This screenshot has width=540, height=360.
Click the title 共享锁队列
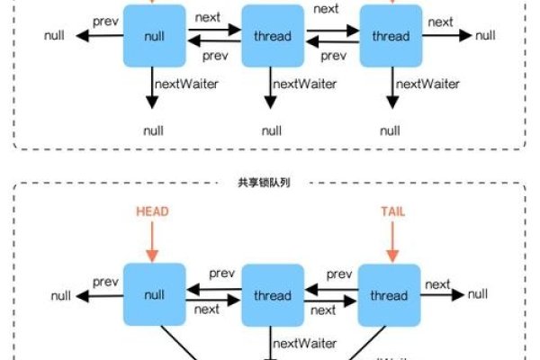click(x=270, y=182)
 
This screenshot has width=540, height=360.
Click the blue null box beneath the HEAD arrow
click(x=154, y=295)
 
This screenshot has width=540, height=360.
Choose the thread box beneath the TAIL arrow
click(x=390, y=295)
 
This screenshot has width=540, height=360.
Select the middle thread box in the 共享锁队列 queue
click(x=273, y=295)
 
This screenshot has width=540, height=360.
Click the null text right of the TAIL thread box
click(x=478, y=294)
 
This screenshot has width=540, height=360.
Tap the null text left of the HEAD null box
click(x=62, y=295)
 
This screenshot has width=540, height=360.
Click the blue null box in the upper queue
click(x=154, y=36)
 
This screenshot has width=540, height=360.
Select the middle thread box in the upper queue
click(x=273, y=36)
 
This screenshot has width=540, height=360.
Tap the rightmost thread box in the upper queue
click(x=391, y=36)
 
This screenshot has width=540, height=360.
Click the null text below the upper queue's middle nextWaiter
click(x=272, y=130)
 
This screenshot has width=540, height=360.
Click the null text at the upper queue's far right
click(x=485, y=35)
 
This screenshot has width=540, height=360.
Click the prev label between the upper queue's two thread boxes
click(x=333, y=56)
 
